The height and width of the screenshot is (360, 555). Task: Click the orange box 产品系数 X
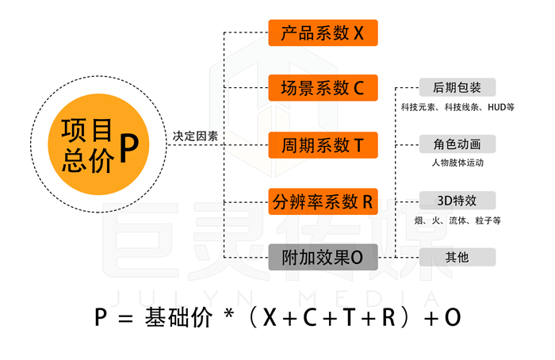pyautogui.click(x=323, y=33)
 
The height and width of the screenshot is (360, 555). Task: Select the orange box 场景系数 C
pyautogui.click(x=323, y=88)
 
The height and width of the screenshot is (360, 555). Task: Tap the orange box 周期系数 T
pyautogui.click(x=323, y=145)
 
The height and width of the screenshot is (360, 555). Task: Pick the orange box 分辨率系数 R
pyautogui.click(x=323, y=201)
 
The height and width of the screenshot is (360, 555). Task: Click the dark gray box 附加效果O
pyautogui.click(x=323, y=258)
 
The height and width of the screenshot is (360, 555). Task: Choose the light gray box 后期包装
pyautogui.click(x=457, y=87)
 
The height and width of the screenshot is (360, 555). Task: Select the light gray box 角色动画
pyautogui.click(x=457, y=144)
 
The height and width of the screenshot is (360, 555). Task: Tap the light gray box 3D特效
pyautogui.click(x=457, y=201)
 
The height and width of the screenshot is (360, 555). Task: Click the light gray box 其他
pyautogui.click(x=457, y=258)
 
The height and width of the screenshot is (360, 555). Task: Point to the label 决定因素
pyautogui.click(x=195, y=136)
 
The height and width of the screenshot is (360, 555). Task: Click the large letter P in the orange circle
pyautogui.click(x=128, y=148)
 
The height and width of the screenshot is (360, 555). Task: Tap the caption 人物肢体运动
pyautogui.click(x=457, y=163)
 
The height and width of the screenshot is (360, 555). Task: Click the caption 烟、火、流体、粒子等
pyautogui.click(x=457, y=220)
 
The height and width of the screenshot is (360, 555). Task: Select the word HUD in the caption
pyautogui.click(x=496, y=107)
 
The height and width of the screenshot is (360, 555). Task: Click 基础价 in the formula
pyautogui.click(x=178, y=317)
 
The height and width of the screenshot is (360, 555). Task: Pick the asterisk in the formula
pyautogui.click(x=229, y=313)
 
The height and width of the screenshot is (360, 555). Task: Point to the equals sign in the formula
pyautogui.click(x=125, y=318)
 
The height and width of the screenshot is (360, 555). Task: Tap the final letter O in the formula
pyautogui.click(x=453, y=317)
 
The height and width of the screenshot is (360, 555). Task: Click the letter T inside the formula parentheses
pyautogui.click(x=349, y=317)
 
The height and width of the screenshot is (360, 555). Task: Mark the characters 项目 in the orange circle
pyautogui.click(x=87, y=129)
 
